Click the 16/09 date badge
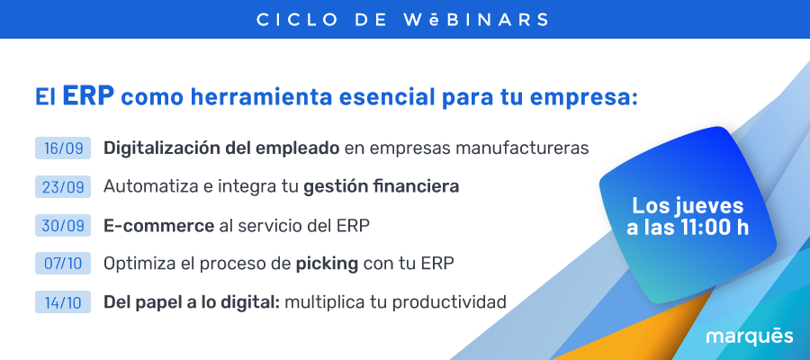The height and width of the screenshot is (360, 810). point(63,148)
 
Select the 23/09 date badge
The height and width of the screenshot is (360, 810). point(63,186)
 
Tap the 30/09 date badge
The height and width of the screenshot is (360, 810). point(63,225)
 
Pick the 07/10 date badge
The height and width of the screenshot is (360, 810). point(63,264)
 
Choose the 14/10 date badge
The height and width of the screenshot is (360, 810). point(63,302)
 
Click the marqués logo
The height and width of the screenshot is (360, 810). point(750,337)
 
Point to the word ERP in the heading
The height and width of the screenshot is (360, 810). point(88,95)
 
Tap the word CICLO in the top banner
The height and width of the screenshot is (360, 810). point(297,20)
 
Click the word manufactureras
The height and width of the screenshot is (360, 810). point(522,148)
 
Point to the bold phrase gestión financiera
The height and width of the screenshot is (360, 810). point(382,186)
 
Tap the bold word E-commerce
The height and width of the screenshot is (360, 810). point(158,226)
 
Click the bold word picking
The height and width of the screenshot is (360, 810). point(327,264)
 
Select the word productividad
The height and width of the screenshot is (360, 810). point(449,302)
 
